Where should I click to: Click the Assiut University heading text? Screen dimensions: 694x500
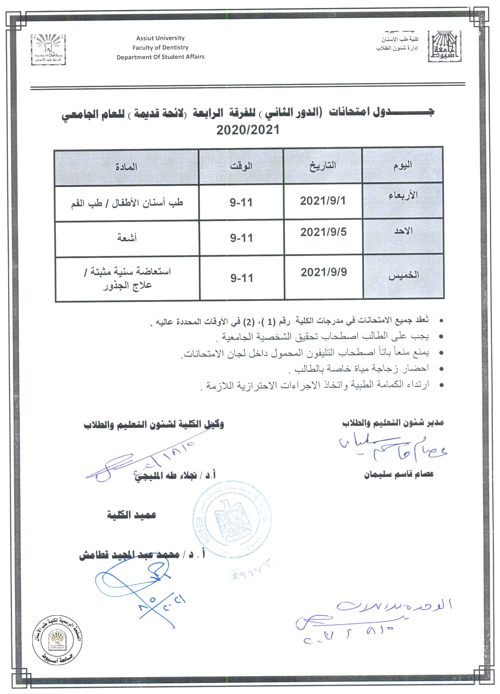(160, 38)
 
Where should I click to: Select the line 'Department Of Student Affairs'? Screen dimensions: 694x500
(160, 57)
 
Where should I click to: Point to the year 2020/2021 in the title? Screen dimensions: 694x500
(248, 130)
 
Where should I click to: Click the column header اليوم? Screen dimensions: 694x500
(402, 166)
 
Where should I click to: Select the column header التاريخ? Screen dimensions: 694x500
(323, 166)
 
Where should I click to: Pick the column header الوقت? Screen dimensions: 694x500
(241, 166)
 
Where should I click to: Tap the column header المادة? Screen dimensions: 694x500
(126, 167)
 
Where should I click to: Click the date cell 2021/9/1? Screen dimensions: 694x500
(323, 201)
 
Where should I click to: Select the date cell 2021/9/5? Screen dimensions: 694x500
(323, 232)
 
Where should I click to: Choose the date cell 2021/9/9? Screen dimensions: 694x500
(324, 272)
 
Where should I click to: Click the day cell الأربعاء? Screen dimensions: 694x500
(403, 196)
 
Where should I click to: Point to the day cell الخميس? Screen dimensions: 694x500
(404, 275)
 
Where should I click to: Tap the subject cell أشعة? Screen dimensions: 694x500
(127, 238)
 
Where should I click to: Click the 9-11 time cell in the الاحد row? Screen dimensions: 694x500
(241, 238)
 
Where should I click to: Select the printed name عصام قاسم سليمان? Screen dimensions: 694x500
(399, 474)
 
